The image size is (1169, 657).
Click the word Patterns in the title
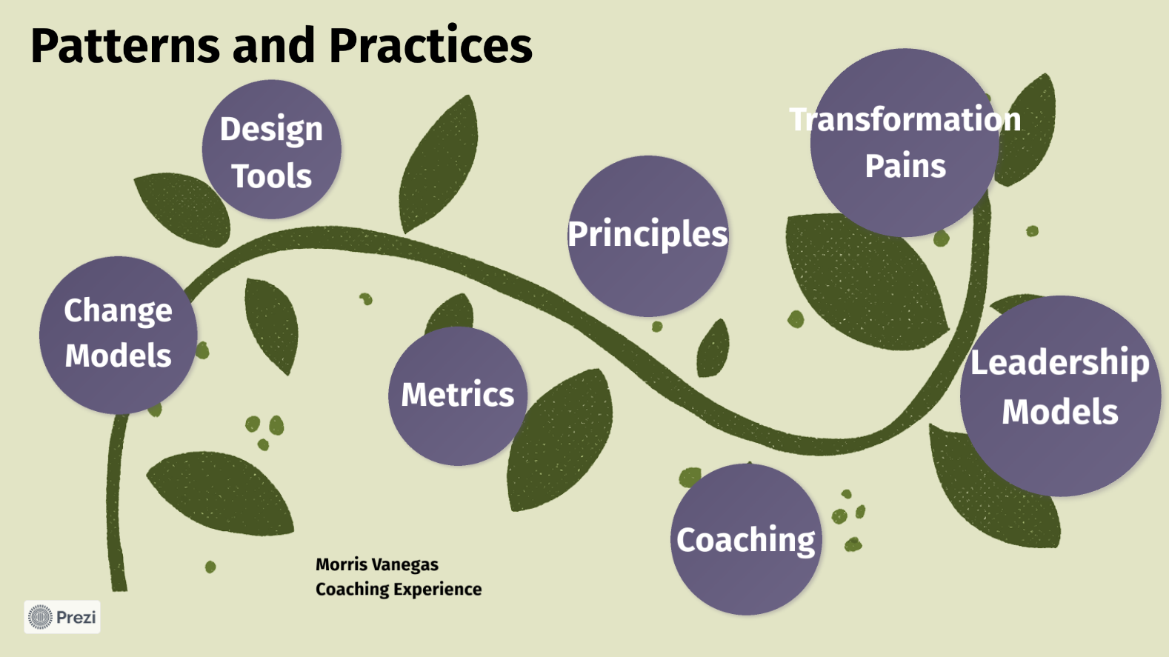[x=125, y=45]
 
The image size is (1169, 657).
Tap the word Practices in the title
[x=430, y=45]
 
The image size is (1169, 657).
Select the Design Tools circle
[x=272, y=149]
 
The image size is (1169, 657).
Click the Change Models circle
[x=119, y=335]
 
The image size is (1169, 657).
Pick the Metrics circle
[x=458, y=396]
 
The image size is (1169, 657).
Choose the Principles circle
[x=647, y=236]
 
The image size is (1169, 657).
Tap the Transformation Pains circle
[x=905, y=142]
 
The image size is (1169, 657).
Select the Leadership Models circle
[x=1060, y=396]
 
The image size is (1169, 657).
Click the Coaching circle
[x=746, y=539]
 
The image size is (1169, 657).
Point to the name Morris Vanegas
[x=377, y=564]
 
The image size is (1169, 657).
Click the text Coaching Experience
[x=399, y=589]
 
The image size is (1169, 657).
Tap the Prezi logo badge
[x=62, y=617]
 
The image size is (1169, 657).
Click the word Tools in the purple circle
[x=271, y=176]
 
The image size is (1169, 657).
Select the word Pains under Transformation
[x=905, y=166]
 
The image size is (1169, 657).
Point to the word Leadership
[x=1060, y=363]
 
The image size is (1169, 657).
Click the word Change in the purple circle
[x=118, y=312]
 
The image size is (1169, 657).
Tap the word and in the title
[x=274, y=45]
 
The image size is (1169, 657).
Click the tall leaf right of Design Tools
[x=439, y=164]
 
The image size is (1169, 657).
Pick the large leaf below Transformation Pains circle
[x=866, y=281]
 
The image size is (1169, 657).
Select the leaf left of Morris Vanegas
[x=220, y=493]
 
